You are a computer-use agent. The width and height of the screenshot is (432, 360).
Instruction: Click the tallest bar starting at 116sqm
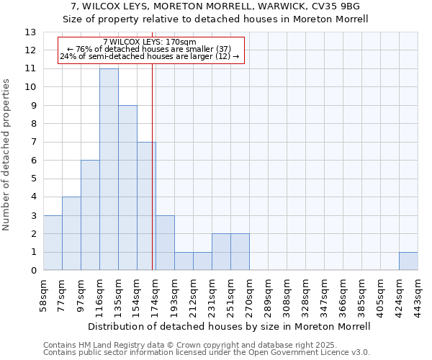(109, 169)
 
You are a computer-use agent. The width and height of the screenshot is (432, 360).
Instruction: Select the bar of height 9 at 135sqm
(127, 188)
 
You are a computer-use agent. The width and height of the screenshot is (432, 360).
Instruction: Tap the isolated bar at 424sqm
(408, 261)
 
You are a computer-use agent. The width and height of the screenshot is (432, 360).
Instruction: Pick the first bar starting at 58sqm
(53, 243)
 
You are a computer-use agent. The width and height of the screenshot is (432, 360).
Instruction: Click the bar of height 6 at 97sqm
(90, 215)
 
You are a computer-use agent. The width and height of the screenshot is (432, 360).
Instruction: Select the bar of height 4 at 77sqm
(71, 233)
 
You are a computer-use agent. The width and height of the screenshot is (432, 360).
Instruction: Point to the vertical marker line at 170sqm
(153, 166)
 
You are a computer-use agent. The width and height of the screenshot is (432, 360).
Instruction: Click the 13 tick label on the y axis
(30, 32)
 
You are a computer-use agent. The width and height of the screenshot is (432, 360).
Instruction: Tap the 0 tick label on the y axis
(33, 271)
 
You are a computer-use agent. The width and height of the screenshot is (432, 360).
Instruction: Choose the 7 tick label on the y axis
(33, 143)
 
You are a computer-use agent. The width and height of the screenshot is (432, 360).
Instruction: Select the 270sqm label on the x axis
(250, 295)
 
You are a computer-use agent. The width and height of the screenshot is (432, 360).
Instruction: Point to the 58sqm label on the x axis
(44, 295)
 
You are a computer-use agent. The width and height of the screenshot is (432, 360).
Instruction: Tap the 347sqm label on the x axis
(325, 295)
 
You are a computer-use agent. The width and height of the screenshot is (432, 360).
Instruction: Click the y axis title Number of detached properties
(7, 155)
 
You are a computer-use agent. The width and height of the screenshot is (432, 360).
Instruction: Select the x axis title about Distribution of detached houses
(230, 326)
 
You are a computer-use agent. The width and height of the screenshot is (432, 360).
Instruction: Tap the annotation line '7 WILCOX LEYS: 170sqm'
(150, 42)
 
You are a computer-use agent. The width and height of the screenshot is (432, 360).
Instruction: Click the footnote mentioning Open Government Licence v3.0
(207, 353)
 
